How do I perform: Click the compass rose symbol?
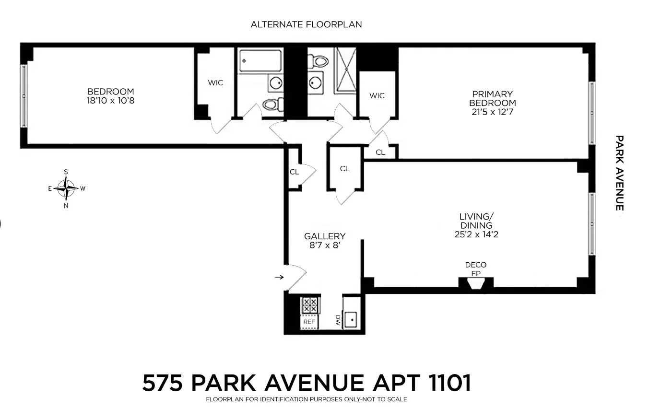[66, 188]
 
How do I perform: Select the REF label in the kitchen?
[309, 322]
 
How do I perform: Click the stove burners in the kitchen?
[309, 305]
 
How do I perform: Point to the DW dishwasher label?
[338, 321]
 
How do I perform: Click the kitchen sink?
[350, 319]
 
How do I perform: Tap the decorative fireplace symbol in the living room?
[475, 284]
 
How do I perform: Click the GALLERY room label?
[325, 236]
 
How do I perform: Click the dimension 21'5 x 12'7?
[493, 112]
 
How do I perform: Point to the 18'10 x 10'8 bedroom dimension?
[110, 101]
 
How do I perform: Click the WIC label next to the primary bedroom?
[377, 96]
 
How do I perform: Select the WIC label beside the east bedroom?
[215, 83]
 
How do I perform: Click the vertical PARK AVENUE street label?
[619, 173]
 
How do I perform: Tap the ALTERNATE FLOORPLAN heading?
[306, 24]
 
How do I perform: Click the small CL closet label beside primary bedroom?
[380, 152]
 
